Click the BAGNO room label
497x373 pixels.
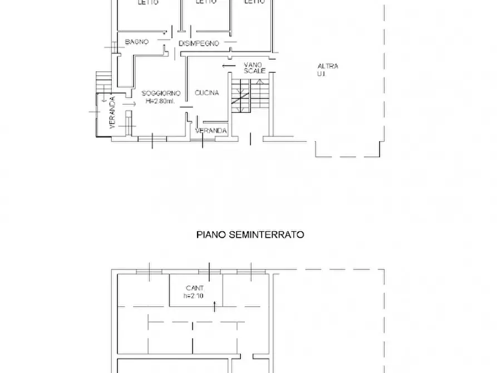point(136,42)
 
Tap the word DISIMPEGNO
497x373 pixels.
point(199,43)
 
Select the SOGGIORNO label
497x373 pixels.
point(160,93)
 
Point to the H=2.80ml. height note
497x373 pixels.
point(160,101)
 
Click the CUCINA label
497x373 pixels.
point(206,93)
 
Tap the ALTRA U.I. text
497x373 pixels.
point(328,70)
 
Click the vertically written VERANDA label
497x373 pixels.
point(112,113)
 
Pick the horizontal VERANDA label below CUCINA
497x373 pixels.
point(211,131)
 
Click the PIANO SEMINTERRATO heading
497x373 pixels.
point(250,235)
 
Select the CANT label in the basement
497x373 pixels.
point(195,288)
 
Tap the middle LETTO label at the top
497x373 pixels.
point(206,2)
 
